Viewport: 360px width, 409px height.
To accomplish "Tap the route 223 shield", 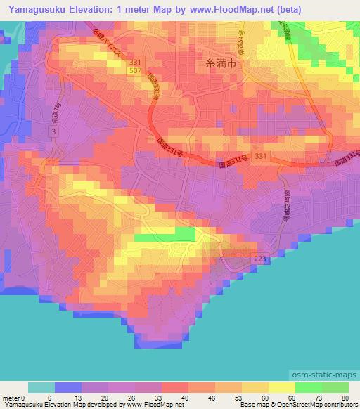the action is click(258, 260).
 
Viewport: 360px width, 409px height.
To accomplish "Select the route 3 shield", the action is click(55, 132).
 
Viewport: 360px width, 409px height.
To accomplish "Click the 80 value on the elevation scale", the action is click(345, 398).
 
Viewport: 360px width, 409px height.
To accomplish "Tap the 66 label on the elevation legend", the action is click(292, 398).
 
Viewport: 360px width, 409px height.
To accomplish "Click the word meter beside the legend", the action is click(12, 398).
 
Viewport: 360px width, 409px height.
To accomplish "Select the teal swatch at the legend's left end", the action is click(41, 387).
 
